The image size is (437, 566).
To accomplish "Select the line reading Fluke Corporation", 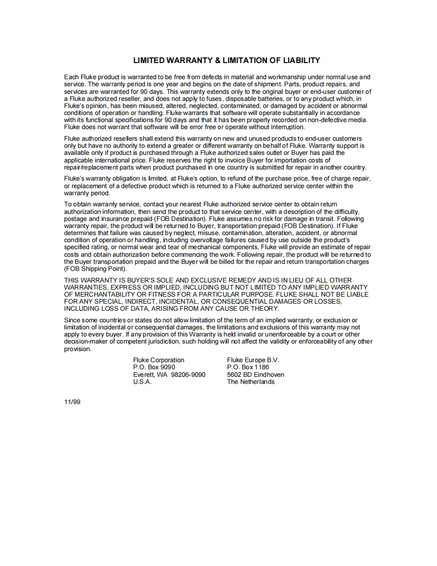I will click(x=158, y=360).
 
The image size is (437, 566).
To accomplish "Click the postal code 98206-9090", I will click(x=188, y=375).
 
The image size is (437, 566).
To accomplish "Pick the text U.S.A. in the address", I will click(x=142, y=382).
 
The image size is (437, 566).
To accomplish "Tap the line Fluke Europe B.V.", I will click(x=253, y=360).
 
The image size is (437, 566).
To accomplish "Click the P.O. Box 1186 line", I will click(x=248, y=367).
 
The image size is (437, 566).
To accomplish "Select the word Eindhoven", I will click(x=270, y=375).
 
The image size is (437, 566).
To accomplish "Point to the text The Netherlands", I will click(x=251, y=382).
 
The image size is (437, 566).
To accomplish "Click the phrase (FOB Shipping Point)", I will click(x=95, y=269).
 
